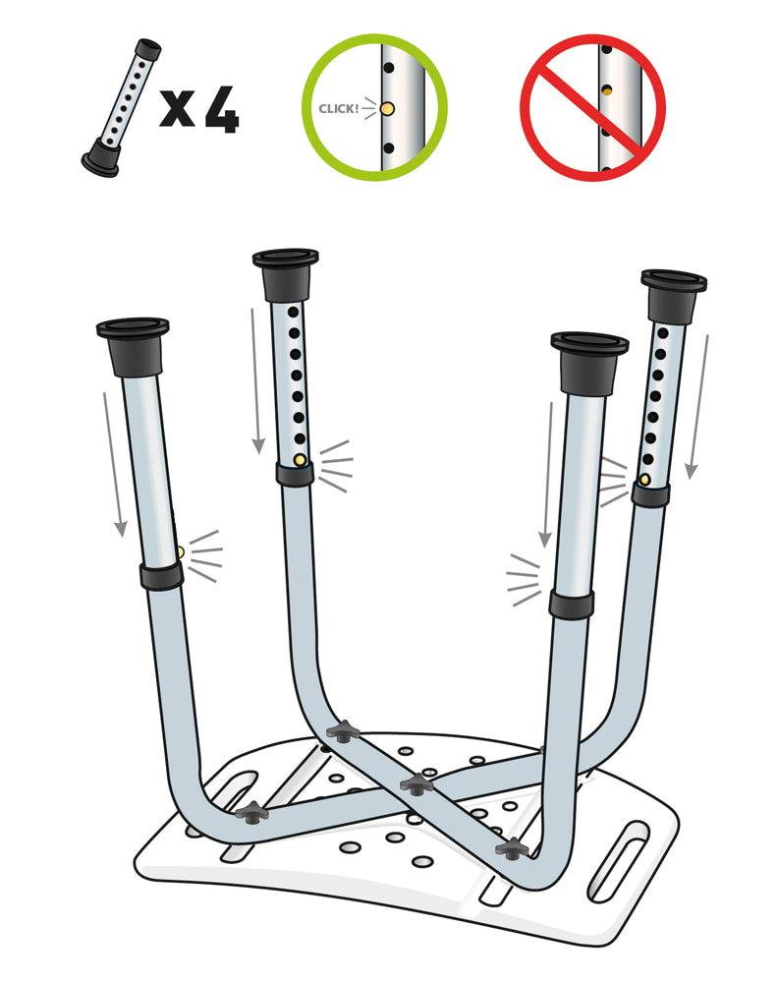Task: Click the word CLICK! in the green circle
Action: point(338,108)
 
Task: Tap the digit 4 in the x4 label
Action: point(222,110)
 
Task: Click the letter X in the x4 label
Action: point(178,108)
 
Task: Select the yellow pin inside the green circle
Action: point(387,108)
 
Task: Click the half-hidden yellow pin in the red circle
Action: point(606,90)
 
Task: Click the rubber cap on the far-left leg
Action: point(134,346)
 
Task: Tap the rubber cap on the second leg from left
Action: point(286,274)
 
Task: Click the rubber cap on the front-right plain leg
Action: point(589,363)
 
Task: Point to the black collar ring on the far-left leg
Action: point(162,575)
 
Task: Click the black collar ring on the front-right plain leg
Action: point(572,604)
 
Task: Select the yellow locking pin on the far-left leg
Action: point(180,552)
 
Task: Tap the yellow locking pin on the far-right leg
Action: point(644,481)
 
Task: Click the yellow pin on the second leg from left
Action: point(300,460)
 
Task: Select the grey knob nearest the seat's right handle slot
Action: point(513,849)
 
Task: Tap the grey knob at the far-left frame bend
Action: point(252,813)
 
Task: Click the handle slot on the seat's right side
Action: point(620,861)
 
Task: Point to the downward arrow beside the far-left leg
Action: point(114,465)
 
